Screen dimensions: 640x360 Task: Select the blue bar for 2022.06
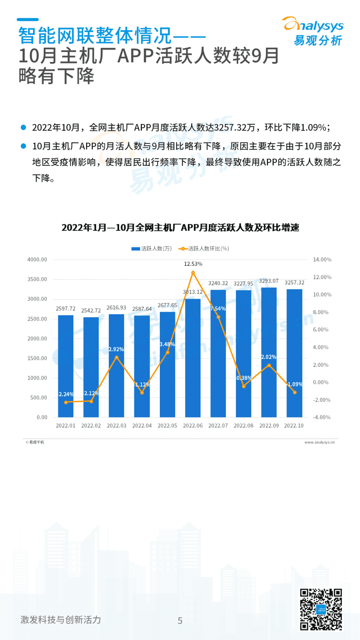(193, 357)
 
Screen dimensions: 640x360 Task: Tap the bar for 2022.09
(269, 352)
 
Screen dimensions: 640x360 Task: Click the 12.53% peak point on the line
(193, 273)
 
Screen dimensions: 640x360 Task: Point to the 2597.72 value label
(65, 309)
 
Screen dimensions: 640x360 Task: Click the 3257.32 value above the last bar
(295, 283)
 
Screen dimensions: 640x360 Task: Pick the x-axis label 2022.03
(116, 426)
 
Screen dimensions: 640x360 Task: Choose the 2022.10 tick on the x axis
(294, 426)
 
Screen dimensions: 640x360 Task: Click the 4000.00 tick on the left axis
(37, 260)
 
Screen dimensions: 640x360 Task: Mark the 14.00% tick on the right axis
(322, 260)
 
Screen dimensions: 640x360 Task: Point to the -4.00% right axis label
(322, 417)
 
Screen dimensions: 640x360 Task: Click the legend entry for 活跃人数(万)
(152, 249)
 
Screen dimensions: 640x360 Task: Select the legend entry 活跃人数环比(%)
(204, 249)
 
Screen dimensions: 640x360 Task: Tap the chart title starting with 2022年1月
(180, 228)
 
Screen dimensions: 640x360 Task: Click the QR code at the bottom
(320, 609)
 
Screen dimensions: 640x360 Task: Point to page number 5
(180, 621)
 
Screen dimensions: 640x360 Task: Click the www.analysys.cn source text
(319, 442)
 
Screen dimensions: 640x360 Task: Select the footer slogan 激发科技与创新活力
(61, 620)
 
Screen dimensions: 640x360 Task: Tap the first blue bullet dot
(23, 127)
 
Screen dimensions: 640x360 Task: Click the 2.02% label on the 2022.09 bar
(269, 357)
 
